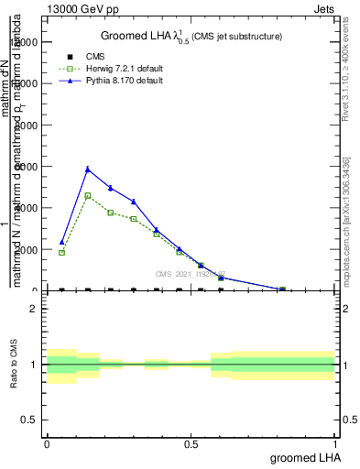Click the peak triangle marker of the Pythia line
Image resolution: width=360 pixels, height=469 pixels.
coord(88,169)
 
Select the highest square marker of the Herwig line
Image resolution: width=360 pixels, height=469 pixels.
coord(88,195)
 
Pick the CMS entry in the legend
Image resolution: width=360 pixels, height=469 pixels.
coord(96,57)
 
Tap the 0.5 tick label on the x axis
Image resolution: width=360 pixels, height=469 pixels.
coord(191,444)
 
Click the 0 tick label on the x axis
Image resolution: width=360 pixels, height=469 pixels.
coord(47,444)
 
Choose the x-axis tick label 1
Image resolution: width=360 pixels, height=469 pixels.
coord(336,444)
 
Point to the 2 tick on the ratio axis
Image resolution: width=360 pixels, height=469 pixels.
coord(34,309)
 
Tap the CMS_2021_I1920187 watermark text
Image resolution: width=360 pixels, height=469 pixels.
coord(190,273)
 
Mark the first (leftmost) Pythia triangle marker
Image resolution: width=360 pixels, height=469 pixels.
coord(61,242)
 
